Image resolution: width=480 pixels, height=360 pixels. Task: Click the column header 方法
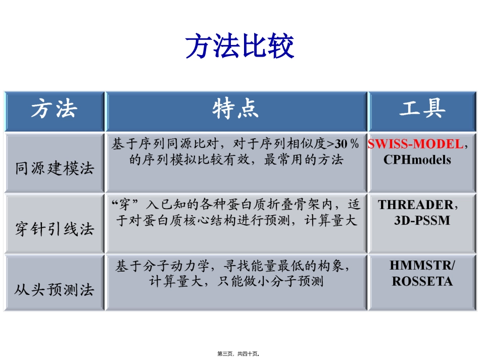[x=54, y=109]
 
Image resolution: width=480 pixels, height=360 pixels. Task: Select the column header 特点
[x=236, y=109]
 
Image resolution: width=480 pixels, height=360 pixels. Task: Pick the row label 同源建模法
[x=55, y=168]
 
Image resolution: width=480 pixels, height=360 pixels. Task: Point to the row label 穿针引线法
[x=55, y=229]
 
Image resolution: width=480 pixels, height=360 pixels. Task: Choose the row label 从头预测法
[x=55, y=290]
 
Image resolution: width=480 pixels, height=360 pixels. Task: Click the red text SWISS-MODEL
[x=415, y=144]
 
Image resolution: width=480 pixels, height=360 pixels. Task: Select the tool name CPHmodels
[x=417, y=160]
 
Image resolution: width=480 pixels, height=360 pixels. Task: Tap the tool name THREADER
[x=415, y=205]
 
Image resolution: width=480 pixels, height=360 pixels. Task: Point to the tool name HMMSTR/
[x=422, y=266]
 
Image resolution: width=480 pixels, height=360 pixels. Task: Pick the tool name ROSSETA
[x=422, y=281]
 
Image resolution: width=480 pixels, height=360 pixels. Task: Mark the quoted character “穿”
[x=124, y=205]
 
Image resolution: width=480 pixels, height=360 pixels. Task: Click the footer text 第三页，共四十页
[x=242, y=354]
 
